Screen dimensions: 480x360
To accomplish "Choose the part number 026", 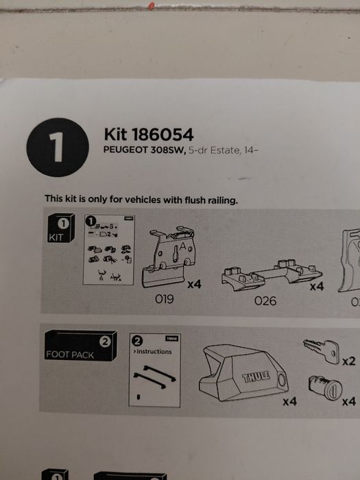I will pos(265,300).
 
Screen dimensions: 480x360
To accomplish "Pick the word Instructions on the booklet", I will pos(154,351).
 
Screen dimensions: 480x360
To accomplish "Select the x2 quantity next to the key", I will pos(350,361).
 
